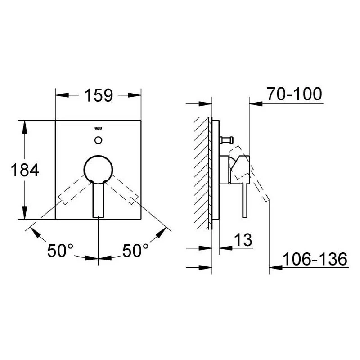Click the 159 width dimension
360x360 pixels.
tap(99, 95)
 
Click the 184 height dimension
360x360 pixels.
tap(25, 170)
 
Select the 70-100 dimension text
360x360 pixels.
tap(294, 94)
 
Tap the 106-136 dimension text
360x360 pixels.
tap(315, 259)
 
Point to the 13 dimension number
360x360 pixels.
tap(243, 240)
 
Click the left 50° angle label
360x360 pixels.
tap(60, 250)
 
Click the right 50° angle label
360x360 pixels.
tap(135, 250)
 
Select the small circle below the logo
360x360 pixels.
tap(98, 140)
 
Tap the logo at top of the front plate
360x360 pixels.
tap(98, 129)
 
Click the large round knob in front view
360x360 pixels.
tap(98, 170)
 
